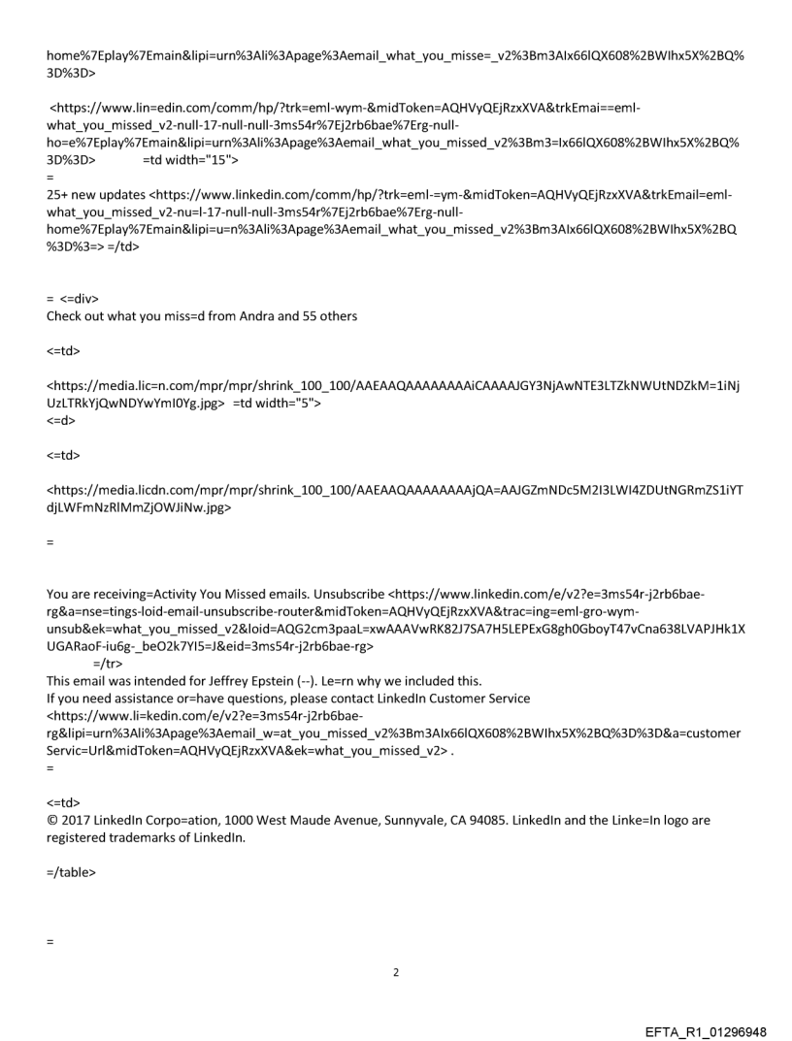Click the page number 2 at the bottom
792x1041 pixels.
click(x=395, y=971)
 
